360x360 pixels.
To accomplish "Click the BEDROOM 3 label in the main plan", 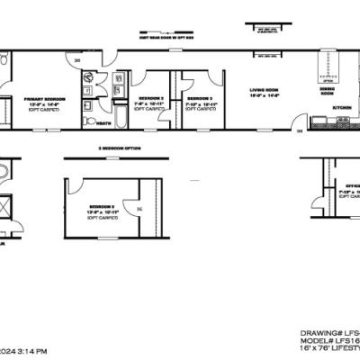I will [x=199, y=96].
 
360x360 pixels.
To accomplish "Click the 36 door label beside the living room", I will [x=300, y=131].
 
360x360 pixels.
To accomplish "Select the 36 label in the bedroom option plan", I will [x=138, y=211].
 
